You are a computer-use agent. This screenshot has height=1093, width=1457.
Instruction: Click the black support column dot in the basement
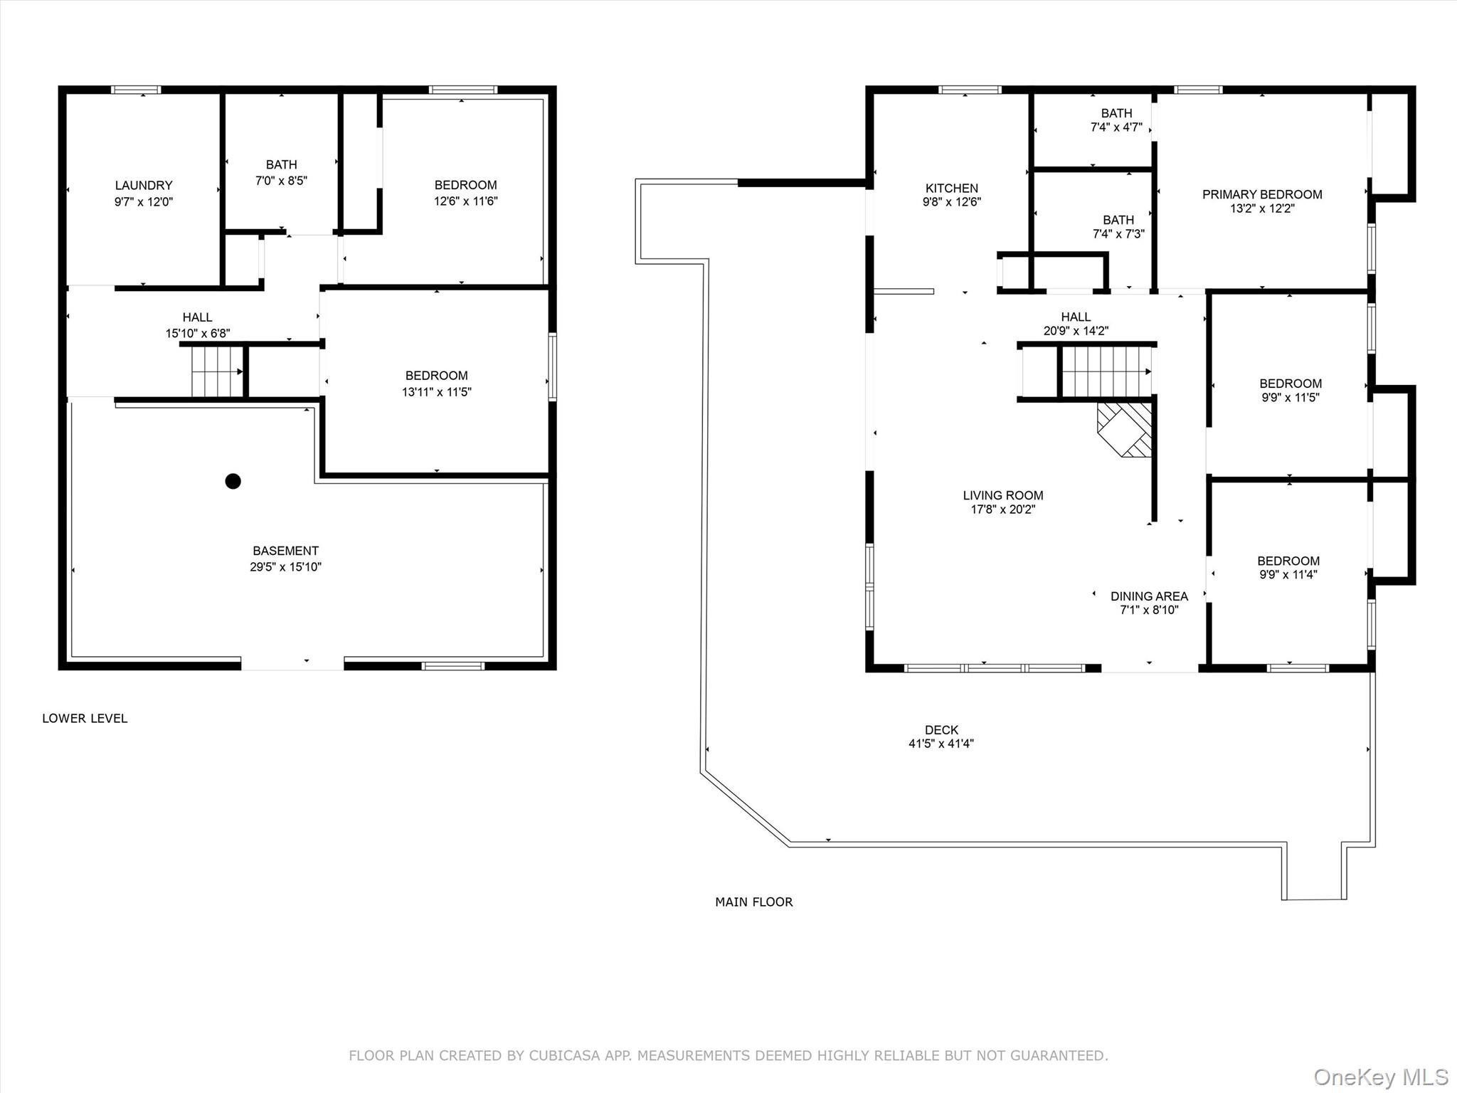(233, 481)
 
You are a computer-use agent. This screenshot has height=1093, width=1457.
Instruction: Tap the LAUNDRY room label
(144, 185)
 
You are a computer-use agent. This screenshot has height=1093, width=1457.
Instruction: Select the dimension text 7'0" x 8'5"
(281, 181)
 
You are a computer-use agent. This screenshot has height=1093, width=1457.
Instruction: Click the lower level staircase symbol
(218, 371)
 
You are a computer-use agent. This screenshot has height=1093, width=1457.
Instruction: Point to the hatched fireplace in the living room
(1125, 429)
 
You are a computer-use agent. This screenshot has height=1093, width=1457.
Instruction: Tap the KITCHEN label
(951, 188)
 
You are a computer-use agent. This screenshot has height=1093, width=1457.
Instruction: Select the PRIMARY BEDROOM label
(1262, 194)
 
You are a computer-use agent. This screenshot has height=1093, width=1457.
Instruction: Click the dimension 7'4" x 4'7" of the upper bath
(1116, 127)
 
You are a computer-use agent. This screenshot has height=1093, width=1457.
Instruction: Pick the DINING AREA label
(1149, 596)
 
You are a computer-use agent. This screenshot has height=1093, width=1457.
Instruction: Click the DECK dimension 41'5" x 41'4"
(941, 744)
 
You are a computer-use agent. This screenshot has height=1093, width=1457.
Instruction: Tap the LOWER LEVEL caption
(85, 718)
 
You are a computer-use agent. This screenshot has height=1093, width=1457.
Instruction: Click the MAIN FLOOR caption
(753, 902)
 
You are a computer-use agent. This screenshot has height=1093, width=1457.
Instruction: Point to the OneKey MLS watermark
(1380, 1077)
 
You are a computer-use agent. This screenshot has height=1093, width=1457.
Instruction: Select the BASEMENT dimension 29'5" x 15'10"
(285, 567)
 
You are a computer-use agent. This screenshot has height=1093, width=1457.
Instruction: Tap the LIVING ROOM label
(1002, 495)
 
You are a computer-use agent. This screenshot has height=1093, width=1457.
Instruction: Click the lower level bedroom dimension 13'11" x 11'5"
(436, 391)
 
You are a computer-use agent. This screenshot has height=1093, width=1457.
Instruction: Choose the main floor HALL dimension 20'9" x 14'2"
(1075, 331)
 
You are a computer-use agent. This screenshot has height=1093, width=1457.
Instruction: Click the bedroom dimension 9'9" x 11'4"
(1288, 574)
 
